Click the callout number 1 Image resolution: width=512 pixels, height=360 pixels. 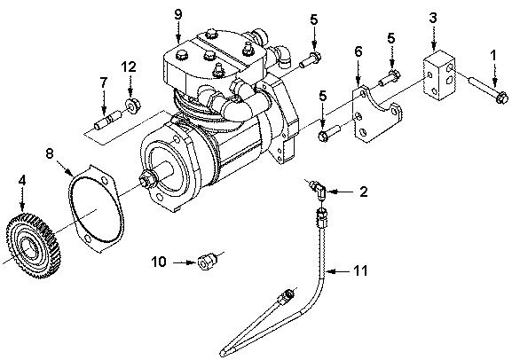(x=493, y=55)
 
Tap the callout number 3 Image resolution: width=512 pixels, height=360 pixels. (x=432, y=18)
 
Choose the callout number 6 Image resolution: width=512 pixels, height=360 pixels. (x=358, y=53)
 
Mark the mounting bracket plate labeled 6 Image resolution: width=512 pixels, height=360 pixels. (x=372, y=113)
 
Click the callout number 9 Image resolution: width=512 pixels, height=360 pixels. (x=177, y=14)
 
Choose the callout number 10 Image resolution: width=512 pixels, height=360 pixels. (x=160, y=262)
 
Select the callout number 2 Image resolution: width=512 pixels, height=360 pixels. (x=362, y=191)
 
